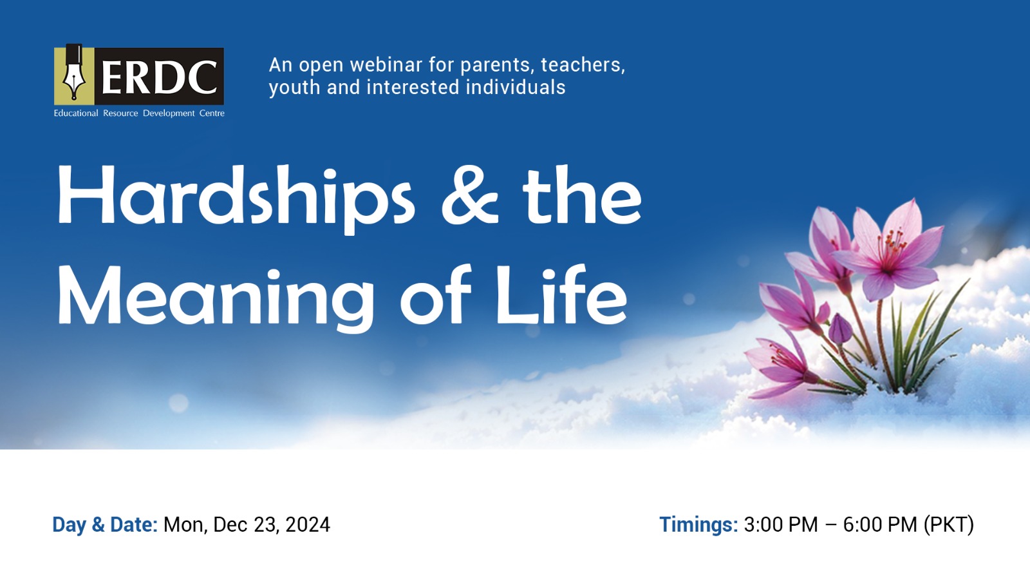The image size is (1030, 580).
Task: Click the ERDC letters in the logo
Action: [159, 77]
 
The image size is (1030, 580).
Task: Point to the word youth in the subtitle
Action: [295, 88]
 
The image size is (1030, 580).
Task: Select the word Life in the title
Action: [561, 295]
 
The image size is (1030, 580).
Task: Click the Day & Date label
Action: [105, 525]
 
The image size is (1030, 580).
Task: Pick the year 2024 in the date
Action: [308, 525]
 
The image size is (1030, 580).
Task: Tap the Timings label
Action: [699, 525]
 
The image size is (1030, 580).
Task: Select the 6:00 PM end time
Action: [880, 525]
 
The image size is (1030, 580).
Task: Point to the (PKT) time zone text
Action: [949, 525]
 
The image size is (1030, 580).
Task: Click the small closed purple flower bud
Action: [841, 329]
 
